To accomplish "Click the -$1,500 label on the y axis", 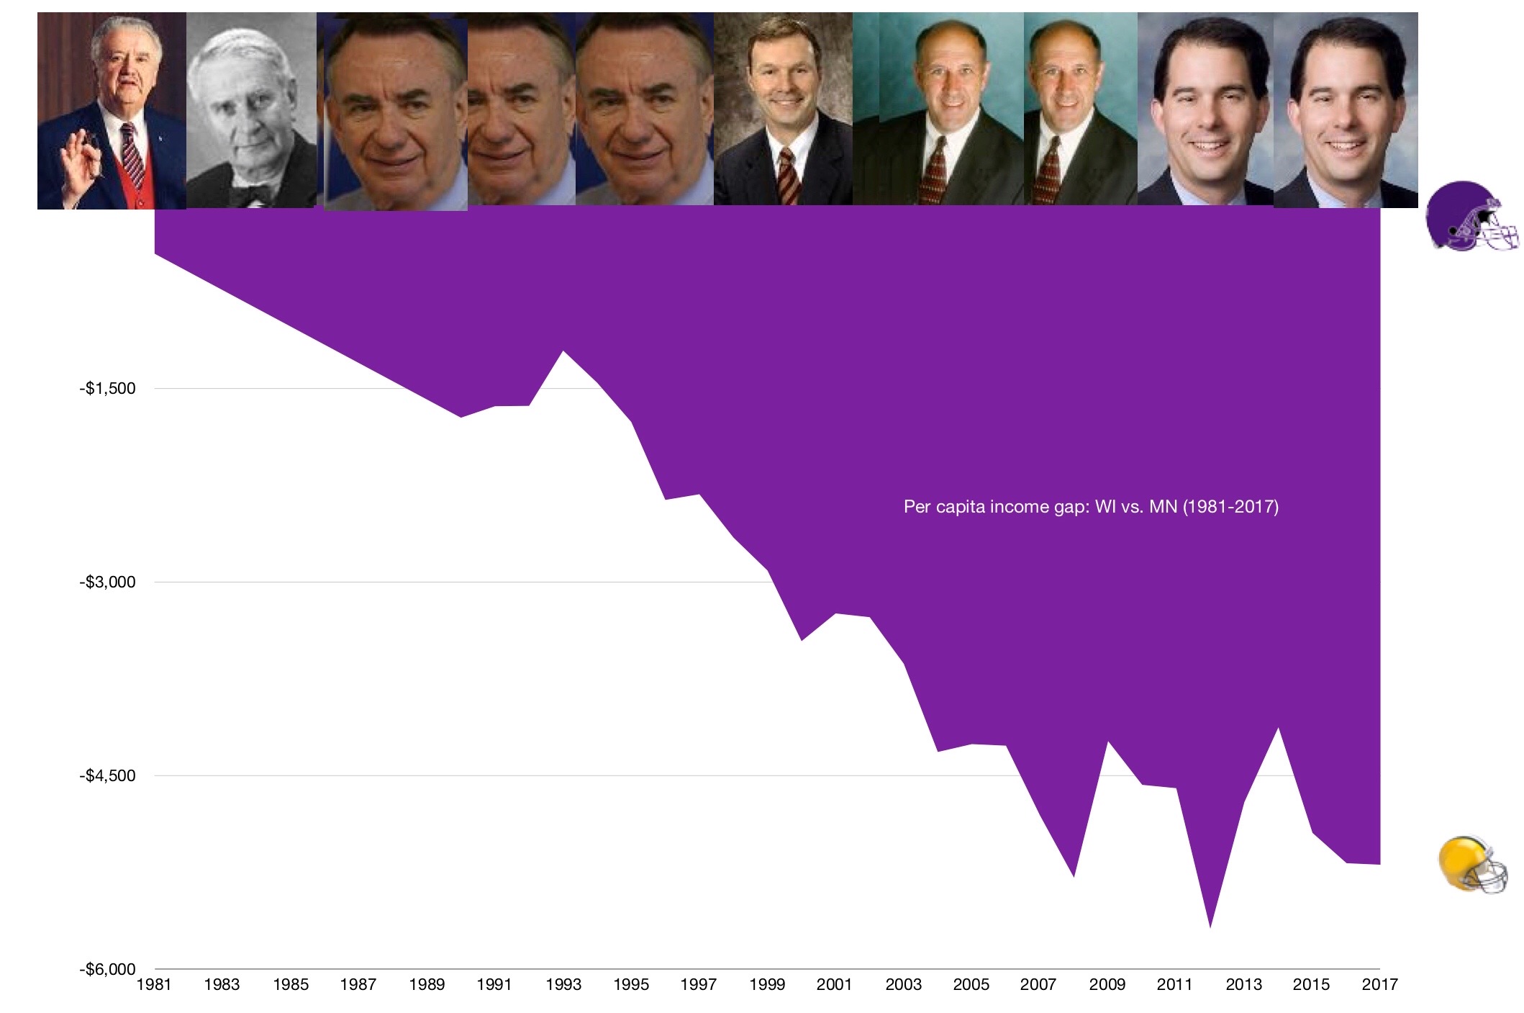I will [107, 389].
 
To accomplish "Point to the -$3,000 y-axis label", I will [107, 582].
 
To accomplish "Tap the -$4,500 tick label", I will [107, 776].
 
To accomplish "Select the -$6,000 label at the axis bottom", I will [107, 969].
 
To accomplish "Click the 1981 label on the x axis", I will [154, 985].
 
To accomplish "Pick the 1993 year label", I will [563, 985].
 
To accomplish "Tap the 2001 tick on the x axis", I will [834, 985].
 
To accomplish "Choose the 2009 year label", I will [1107, 985].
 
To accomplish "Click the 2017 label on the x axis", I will [1379, 985].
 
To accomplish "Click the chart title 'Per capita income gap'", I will [1091, 507].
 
